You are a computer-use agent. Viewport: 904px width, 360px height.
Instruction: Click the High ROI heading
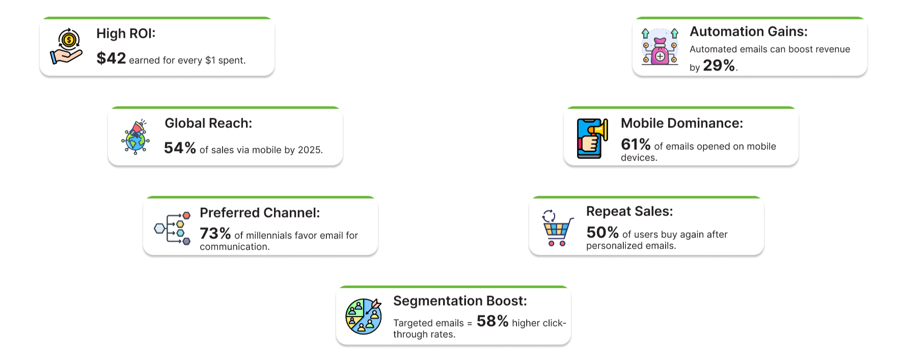[126, 34]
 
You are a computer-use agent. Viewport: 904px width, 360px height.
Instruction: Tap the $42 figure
[111, 58]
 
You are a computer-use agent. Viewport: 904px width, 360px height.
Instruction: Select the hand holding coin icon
[67, 46]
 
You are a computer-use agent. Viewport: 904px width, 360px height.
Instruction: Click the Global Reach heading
[208, 123]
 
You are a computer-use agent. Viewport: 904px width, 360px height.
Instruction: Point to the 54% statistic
[180, 148]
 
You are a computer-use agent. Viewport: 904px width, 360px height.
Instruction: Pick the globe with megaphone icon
[135, 136]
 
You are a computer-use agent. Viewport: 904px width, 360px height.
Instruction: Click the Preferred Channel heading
[260, 213]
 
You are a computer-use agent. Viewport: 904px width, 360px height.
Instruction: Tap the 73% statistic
[215, 233]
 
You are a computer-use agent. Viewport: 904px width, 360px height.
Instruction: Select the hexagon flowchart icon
[173, 228]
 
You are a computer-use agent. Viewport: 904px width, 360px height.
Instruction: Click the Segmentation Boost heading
[460, 301]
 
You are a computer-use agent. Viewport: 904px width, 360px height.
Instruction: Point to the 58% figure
[492, 321]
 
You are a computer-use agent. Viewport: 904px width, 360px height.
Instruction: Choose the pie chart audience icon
[364, 316]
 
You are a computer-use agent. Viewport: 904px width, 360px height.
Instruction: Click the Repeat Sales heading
[629, 211]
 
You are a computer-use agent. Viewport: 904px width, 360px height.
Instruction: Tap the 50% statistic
[602, 232]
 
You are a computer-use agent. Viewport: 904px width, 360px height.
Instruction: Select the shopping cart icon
[558, 228]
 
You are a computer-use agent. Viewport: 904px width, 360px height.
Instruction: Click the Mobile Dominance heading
[682, 123]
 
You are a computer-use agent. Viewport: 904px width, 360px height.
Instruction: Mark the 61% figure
[636, 144]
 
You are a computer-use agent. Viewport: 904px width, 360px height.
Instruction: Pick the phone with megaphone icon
[592, 139]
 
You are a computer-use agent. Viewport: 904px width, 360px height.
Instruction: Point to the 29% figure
[719, 65]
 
